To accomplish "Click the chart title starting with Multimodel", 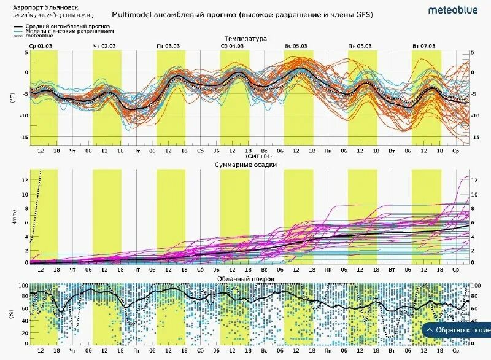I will [242, 14].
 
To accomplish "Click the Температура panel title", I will [245, 39].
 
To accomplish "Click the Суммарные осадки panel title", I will [245, 165].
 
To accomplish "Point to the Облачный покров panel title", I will [245, 279].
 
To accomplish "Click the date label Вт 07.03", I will [423, 46].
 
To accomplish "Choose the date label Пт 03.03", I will [168, 46].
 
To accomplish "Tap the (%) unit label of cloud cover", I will [12, 314].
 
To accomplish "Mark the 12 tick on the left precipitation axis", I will [25, 181].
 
